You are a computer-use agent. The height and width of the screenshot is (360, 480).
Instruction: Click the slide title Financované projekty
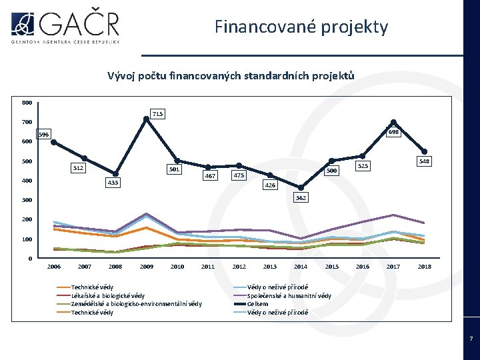pos(301,27)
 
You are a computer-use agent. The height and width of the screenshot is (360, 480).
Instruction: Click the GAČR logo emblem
pos(23,23)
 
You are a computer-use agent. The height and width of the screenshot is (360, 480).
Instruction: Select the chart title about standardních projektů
pos(231,76)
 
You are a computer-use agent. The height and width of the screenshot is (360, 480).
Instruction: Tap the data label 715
pos(157,114)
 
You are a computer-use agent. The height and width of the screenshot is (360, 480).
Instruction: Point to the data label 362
pos(301,197)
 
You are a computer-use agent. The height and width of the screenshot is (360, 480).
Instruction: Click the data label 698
pos(393,132)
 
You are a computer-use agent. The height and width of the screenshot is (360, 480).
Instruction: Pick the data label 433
pos(113,182)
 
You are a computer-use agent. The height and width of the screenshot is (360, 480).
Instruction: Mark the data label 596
pos(43,134)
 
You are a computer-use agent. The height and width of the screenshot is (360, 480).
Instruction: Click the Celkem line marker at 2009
pos(146,119)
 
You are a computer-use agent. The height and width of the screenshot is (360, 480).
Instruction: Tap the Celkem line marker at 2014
pos(301,187)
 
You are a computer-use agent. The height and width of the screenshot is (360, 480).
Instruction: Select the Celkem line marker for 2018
pos(424,151)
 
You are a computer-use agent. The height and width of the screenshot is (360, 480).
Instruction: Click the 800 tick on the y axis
pos(26,103)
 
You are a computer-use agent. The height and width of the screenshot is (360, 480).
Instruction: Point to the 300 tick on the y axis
pos(26,200)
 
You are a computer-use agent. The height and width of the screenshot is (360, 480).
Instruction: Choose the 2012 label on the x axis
pos(239,267)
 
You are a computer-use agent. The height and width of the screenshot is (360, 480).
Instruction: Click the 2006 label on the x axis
pos(54,267)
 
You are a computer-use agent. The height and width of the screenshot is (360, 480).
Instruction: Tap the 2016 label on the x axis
pos(362,267)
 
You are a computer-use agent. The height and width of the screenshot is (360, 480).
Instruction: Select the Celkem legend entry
pos(257,304)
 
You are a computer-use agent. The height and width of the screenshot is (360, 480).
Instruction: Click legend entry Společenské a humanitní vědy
pos(289,295)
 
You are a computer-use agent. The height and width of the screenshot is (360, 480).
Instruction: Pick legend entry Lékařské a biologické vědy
pos(107,295)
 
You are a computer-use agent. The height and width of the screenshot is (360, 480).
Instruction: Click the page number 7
pos(471,339)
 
